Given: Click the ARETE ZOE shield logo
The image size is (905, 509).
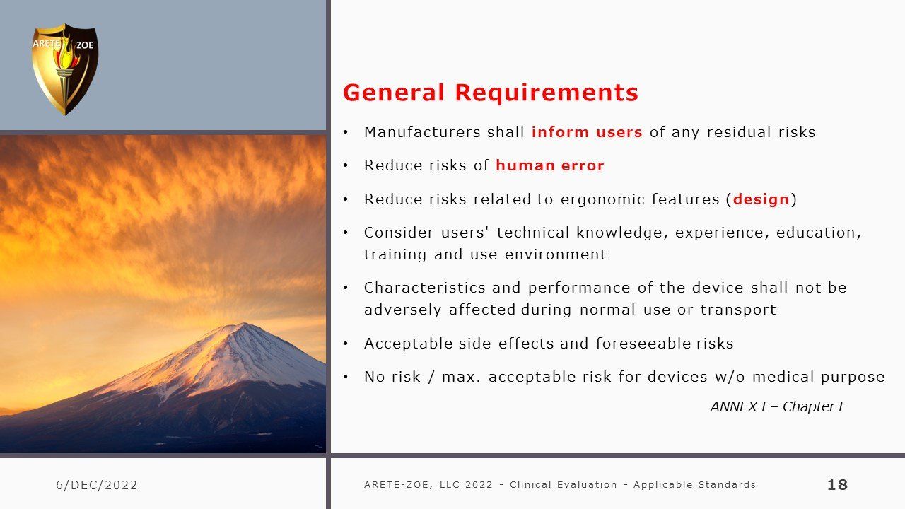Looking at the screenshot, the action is pyautogui.click(x=65, y=69).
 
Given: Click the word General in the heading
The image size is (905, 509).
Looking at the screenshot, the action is pyautogui.click(x=394, y=93).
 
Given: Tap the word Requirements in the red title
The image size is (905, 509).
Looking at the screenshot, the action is pyautogui.click(x=547, y=93).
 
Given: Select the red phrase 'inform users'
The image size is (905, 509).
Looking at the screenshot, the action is pyautogui.click(x=587, y=132).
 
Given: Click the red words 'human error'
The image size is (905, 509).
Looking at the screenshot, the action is pyautogui.click(x=550, y=165).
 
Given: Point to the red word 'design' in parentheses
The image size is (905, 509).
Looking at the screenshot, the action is pyautogui.click(x=761, y=199).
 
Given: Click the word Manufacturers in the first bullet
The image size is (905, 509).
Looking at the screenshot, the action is pyautogui.click(x=422, y=132).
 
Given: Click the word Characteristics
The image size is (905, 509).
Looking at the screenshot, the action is pyautogui.click(x=425, y=288).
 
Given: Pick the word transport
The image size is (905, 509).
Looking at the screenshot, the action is pyautogui.click(x=738, y=310).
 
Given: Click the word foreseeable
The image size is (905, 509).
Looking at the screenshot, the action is pyautogui.click(x=643, y=344).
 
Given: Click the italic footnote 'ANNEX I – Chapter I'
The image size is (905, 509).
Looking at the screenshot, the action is pyautogui.click(x=776, y=406).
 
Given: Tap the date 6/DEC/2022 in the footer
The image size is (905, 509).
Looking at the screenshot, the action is pyautogui.click(x=97, y=485).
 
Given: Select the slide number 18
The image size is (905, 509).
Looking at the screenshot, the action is pyautogui.click(x=837, y=485).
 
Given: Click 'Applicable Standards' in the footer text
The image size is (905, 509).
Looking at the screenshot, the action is pyautogui.click(x=694, y=485).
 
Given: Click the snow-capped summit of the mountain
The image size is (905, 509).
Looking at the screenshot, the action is pyautogui.click(x=242, y=329).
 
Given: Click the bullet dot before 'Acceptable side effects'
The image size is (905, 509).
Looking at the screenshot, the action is pyautogui.click(x=346, y=344).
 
